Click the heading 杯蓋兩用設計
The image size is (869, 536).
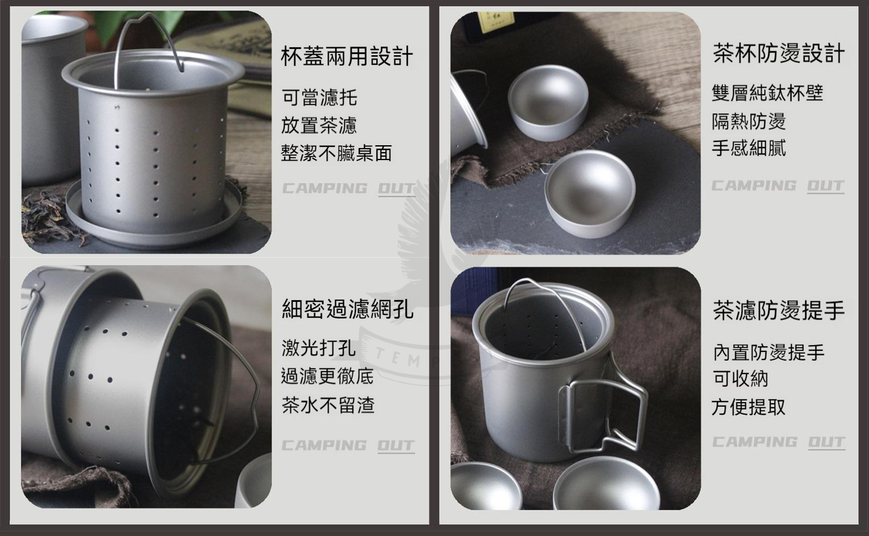(x=346, y=56)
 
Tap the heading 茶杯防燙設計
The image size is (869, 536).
(x=778, y=54)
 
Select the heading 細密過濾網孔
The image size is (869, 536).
(x=347, y=309)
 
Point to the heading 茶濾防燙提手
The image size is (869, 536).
(x=778, y=310)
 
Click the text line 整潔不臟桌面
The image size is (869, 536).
(x=337, y=153)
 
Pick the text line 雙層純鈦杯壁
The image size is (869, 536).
(x=768, y=93)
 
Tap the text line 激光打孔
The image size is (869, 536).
(x=318, y=348)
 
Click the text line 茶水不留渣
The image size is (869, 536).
(x=328, y=405)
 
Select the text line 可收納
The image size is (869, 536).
(x=740, y=378)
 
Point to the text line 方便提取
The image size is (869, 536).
(x=748, y=407)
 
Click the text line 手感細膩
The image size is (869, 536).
(x=749, y=148)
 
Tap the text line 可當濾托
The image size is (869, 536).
(x=319, y=97)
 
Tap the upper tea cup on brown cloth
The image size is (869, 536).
(x=548, y=103)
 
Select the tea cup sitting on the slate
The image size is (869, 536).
(x=590, y=193)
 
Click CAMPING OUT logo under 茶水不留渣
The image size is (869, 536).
(x=348, y=445)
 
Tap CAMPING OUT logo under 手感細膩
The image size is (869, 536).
(x=778, y=186)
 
